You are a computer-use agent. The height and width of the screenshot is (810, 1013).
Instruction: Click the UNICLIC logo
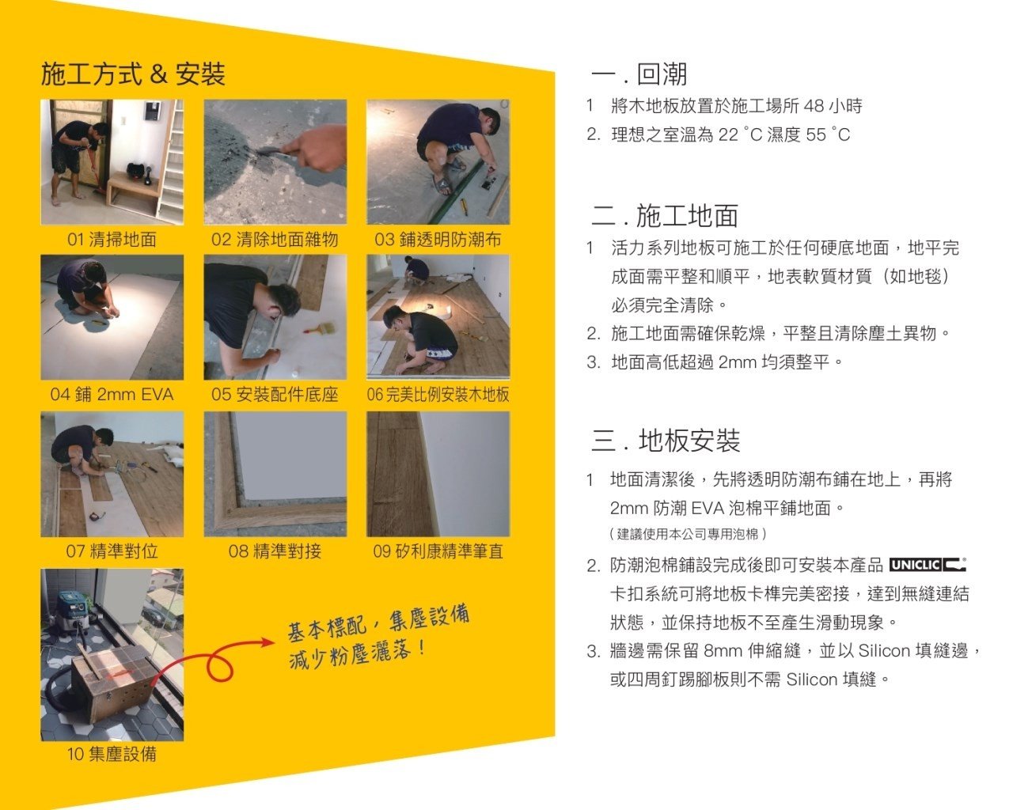click(928, 564)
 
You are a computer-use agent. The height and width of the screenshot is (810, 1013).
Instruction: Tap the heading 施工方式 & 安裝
click(133, 74)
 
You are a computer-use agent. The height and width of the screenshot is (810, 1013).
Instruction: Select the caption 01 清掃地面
click(112, 240)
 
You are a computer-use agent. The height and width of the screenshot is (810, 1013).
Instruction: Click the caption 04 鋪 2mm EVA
click(112, 395)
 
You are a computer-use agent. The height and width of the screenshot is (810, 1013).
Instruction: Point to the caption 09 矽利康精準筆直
click(438, 551)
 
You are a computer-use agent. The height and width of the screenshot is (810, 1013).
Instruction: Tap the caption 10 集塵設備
click(112, 754)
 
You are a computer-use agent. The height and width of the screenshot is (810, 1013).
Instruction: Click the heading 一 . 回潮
click(639, 74)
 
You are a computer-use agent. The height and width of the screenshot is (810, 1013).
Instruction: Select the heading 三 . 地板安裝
click(665, 441)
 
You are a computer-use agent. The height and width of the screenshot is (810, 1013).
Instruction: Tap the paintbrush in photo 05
click(320, 327)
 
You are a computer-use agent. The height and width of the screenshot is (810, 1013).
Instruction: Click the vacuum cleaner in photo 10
click(72, 612)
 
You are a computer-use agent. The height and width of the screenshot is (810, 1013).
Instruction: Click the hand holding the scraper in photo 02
click(317, 148)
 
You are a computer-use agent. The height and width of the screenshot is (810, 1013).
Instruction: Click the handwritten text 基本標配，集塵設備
click(378, 623)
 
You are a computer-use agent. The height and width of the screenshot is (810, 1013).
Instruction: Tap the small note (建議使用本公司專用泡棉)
click(688, 534)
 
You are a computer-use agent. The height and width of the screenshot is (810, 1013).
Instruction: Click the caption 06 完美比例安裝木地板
click(438, 395)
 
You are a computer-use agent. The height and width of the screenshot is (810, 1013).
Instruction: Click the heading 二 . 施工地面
click(664, 216)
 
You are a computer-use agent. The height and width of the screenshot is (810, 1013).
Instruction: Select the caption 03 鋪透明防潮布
click(438, 240)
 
